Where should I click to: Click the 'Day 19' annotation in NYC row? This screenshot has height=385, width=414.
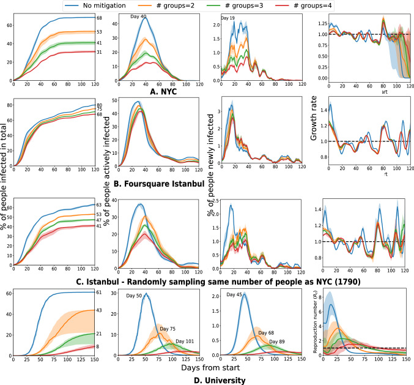pyautogui.click(x=228, y=19)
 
